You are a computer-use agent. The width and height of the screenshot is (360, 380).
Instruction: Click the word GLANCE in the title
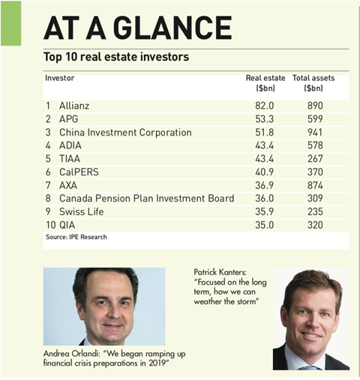174,28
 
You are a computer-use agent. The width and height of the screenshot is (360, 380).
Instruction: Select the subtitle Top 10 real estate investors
116,57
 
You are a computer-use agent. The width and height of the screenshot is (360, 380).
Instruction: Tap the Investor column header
60,78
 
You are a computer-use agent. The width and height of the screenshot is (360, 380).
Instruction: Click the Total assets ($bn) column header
313,83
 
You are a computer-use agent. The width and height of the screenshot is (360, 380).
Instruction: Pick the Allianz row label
74,106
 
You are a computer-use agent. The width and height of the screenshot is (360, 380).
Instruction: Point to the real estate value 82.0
265,106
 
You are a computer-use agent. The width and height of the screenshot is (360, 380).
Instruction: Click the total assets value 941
315,133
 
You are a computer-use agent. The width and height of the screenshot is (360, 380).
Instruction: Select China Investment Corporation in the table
125,133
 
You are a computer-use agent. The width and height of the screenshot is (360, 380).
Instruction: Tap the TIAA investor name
70,159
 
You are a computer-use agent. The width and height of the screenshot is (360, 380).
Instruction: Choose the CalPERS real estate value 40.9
265,172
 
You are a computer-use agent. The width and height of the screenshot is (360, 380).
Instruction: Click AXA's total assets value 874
315,185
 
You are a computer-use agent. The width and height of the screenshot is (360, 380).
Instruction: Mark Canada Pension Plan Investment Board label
147,199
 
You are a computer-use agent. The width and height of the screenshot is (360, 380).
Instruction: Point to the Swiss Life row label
82,211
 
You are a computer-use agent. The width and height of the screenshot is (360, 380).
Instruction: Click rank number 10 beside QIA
51,225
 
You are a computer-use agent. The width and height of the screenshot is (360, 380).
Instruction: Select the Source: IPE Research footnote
76,237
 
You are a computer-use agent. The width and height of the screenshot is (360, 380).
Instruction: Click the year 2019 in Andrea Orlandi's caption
157,363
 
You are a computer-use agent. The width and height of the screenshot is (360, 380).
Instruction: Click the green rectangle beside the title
11,23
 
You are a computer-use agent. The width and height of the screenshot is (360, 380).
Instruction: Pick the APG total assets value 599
315,119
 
